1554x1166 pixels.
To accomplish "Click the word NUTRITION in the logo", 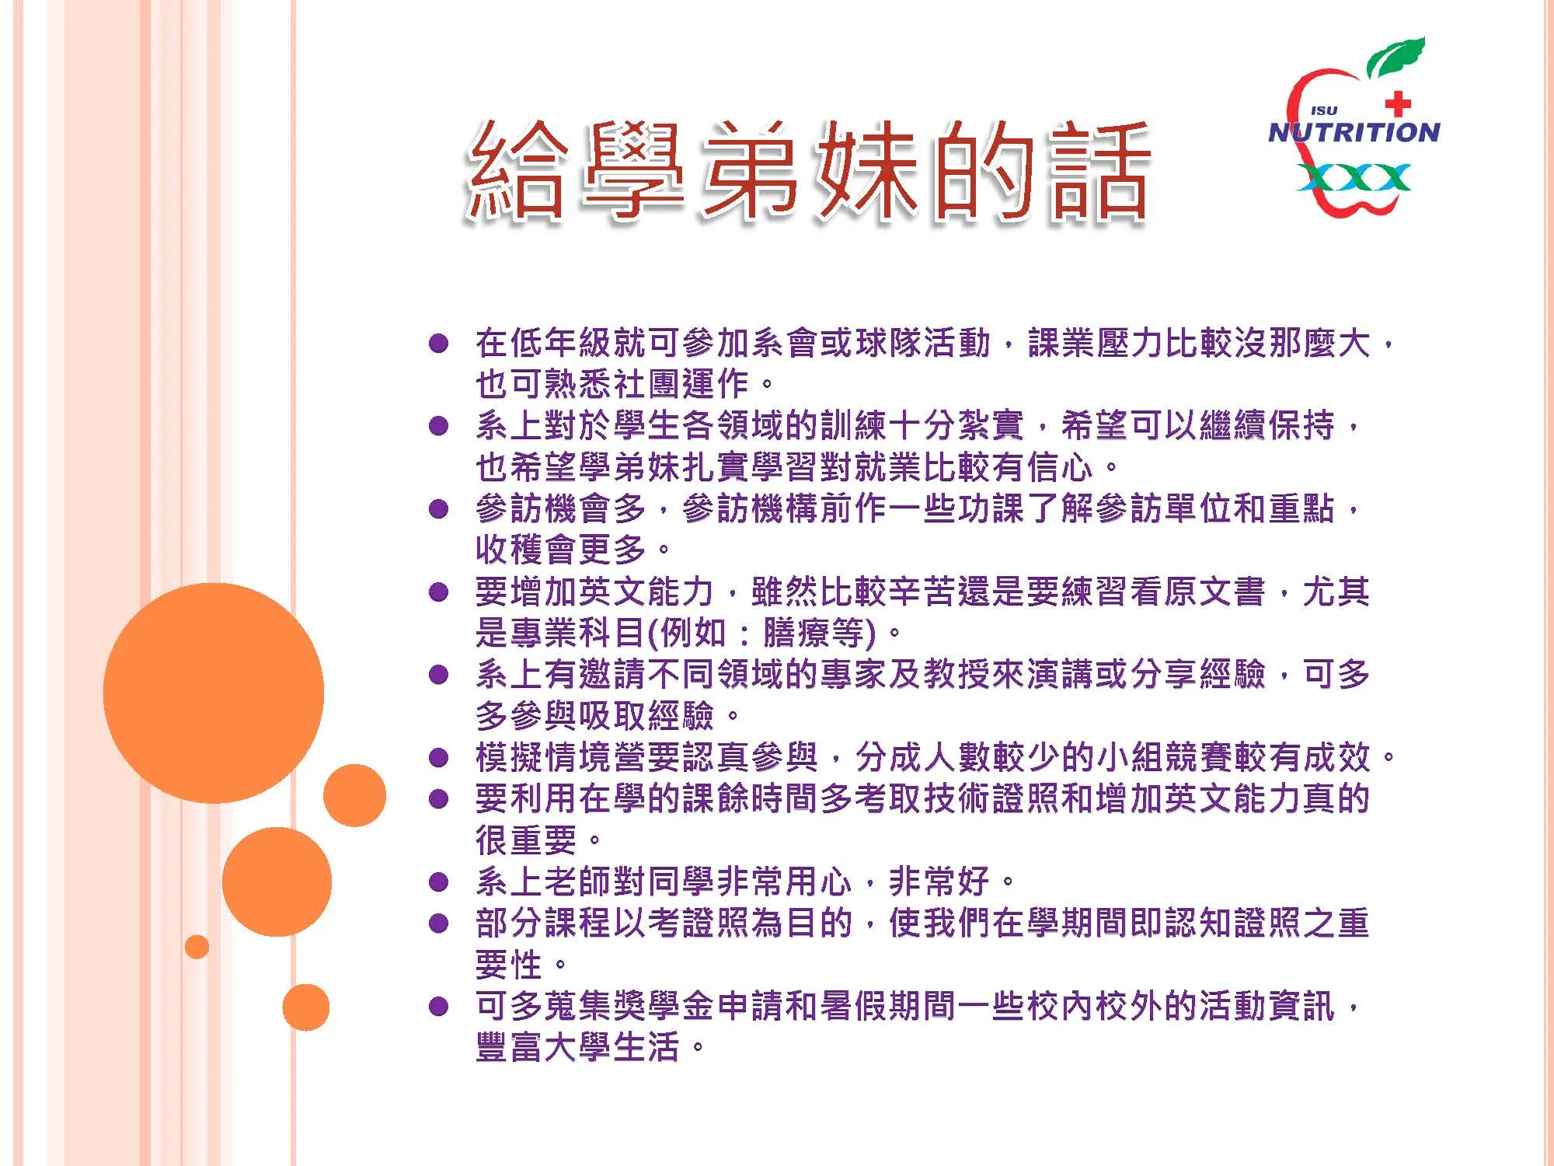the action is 1354,132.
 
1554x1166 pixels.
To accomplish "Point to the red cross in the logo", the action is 1398,103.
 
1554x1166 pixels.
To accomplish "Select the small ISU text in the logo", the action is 1323,111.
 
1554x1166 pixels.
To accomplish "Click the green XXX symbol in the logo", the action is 1354,178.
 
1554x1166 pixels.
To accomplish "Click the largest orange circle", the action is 214,693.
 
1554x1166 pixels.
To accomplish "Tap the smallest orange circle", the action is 197,947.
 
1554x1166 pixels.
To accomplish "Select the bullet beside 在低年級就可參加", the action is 439,343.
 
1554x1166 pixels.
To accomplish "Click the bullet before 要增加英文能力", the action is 439,592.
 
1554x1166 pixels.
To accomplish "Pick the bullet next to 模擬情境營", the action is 439,757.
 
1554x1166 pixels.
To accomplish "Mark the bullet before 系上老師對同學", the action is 439,881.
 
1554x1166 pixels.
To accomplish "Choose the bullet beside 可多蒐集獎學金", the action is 439,1007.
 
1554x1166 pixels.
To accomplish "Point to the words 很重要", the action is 526,840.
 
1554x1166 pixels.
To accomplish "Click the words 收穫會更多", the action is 560,550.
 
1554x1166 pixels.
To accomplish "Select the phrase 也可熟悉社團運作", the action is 612,383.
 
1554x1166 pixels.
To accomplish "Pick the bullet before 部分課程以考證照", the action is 439,923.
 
